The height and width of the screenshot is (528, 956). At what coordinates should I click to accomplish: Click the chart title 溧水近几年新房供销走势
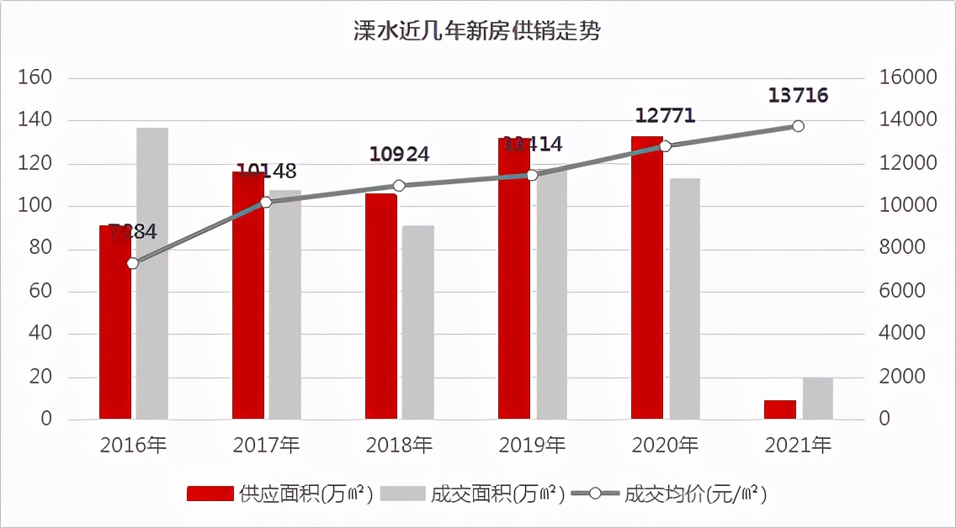click(x=477, y=32)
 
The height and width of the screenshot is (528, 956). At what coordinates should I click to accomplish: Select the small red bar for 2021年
click(x=780, y=409)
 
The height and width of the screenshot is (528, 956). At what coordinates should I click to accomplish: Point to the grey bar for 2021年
click(x=817, y=399)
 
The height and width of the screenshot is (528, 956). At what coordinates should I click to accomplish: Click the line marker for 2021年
click(x=798, y=126)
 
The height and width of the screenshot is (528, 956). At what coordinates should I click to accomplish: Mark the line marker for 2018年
click(x=399, y=186)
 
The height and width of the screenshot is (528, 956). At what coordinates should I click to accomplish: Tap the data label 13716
click(x=798, y=96)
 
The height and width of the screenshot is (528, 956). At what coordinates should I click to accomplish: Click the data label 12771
click(x=665, y=116)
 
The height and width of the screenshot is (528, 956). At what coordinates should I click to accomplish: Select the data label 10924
click(x=399, y=155)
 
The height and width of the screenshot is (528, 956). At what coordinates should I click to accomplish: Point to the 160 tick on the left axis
click(x=35, y=78)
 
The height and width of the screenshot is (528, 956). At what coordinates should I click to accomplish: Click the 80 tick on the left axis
click(x=40, y=249)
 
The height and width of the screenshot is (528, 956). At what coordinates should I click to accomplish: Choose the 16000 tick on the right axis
click(x=908, y=78)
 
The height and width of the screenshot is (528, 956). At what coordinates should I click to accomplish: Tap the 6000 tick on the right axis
click(x=903, y=292)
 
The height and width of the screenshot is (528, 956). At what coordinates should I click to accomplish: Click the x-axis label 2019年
click(x=533, y=445)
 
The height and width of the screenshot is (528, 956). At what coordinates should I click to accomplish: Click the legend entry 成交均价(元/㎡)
click(x=670, y=494)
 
